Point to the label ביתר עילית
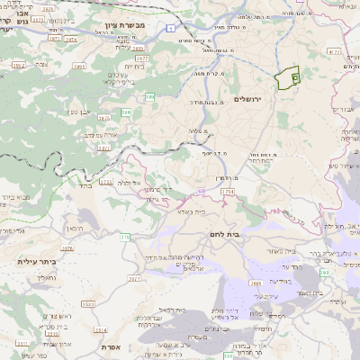tap(37, 261)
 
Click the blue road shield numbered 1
tap(170, 29)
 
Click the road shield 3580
tap(87, 304)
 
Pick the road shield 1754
tap(227, 192)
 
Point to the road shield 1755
tap(107, 182)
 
